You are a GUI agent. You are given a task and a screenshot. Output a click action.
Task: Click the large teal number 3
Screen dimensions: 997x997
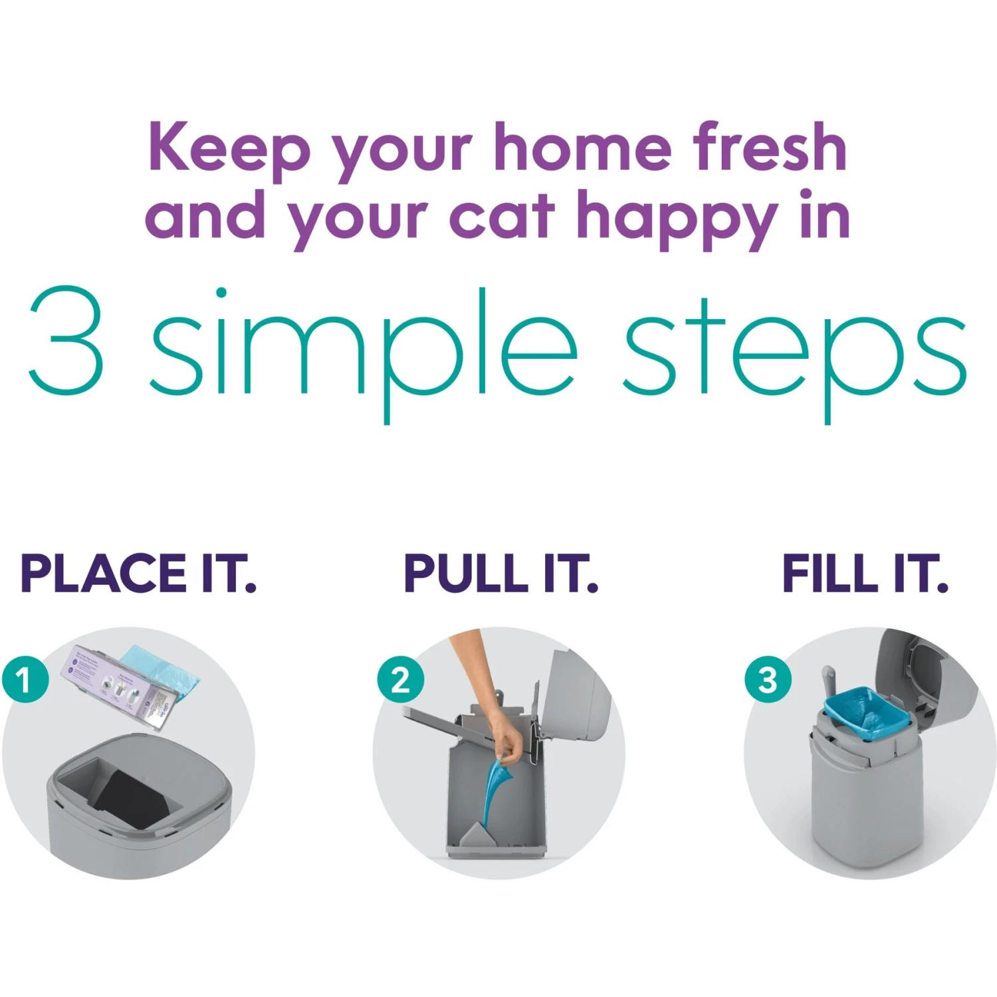pyautogui.click(x=66, y=340)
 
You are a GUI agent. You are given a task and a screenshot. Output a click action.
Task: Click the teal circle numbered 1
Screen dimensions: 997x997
pyautogui.click(x=25, y=680)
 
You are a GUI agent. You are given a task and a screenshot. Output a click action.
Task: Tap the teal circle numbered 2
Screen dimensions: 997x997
pyautogui.click(x=400, y=680)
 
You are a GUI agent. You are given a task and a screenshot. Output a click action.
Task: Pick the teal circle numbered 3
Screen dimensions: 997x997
pyautogui.click(x=768, y=680)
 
